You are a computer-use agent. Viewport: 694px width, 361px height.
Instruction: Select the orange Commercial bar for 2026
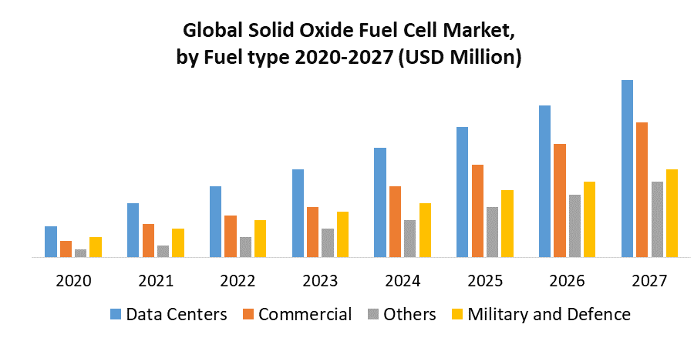(x=560, y=200)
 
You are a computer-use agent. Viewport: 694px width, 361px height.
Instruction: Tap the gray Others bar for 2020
(x=80, y=252)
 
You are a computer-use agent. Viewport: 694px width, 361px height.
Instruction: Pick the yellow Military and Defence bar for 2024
(x=425, y=229)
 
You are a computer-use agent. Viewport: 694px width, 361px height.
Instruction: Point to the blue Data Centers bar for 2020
(x=51, y=241)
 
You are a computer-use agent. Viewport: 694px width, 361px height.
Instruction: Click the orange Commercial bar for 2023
(x=312, y=232)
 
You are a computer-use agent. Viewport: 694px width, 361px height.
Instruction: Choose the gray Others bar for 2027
(x=657, y=219)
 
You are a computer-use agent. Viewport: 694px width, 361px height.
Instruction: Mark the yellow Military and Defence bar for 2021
(x=178, y=242)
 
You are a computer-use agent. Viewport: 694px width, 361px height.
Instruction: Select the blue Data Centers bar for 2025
(x=462, y=192)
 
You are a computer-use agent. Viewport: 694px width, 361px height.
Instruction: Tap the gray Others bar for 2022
(x=245, y=246)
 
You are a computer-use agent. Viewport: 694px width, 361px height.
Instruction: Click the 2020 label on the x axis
(x=73, y=281)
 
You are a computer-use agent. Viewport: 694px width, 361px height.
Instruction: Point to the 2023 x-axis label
(x=319, y=281)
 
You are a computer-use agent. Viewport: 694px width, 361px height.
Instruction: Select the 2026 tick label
(x=567, y=281)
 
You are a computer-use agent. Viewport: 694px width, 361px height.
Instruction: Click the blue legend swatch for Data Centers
(x=116, y=314)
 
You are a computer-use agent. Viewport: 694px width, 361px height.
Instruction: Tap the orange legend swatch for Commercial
(x=249, y=314)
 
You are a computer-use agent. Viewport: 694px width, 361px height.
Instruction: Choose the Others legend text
(x=409, y=314)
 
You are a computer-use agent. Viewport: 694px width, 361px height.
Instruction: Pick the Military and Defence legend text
(x=549, y=314)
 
